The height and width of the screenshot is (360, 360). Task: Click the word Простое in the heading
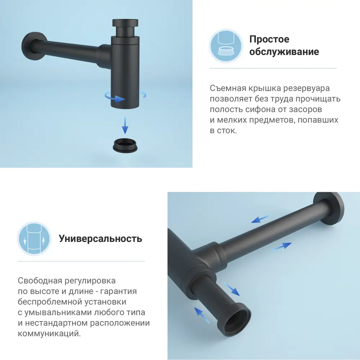[x=269, y=39]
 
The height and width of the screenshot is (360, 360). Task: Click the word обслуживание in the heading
[x=284, y=52]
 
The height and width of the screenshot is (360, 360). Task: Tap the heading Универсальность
[x=100, y=239]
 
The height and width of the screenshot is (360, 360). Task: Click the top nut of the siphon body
[x=125, y=27]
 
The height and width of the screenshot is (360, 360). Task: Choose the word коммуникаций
[x=49, y=334]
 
